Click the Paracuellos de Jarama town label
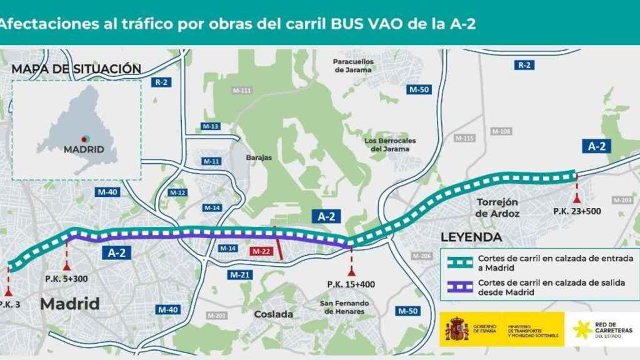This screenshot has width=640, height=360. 353,66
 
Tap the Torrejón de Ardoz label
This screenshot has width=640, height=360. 498,207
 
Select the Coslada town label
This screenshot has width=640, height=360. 273,314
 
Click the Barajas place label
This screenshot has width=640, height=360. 259,157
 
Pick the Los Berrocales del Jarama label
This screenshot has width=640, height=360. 390,144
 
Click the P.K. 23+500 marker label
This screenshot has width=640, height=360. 577,211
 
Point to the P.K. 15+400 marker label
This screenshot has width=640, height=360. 351,285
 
